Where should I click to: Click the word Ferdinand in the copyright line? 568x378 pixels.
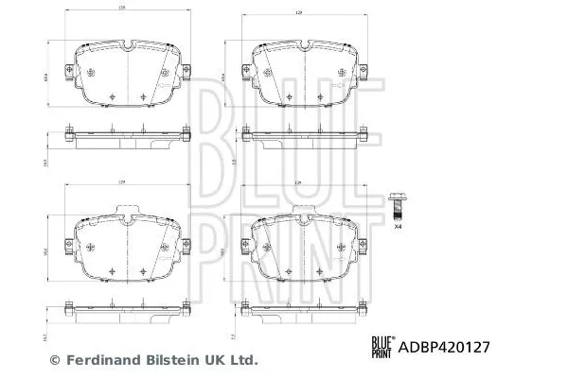click(98, 360)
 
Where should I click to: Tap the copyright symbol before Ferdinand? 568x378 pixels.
click(54, 360)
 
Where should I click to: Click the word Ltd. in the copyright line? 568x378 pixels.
click(243, 360)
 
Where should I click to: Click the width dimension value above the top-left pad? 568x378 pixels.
click(123, 9)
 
